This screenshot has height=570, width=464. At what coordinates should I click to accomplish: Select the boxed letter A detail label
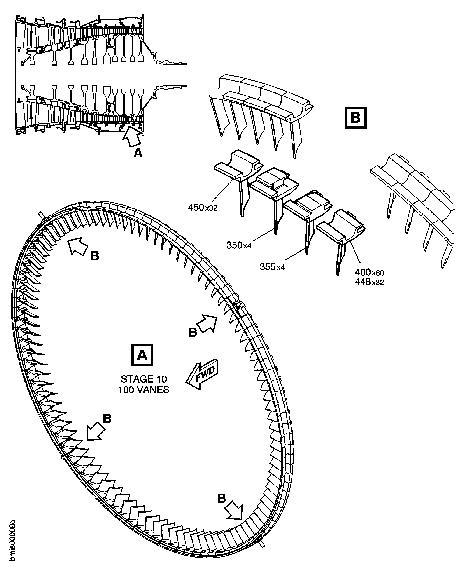pyautogui.click(x=142, y=355)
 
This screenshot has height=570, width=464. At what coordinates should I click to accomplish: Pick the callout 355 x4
pyautogui.click(x=272, y=267)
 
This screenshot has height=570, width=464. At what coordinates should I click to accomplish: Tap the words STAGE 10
pyautogui.click(x=144, y=379)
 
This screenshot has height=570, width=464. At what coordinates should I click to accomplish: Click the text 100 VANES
pyautogui.click(x=144, y=390)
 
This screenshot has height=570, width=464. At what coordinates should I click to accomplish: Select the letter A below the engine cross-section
pyautogui.click(x=138, y=153)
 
